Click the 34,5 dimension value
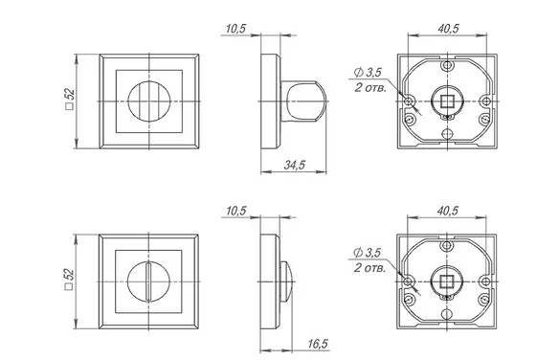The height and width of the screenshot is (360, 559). [295, 165]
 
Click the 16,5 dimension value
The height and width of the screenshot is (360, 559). [318, 344]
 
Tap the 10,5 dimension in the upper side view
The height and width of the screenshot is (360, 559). [236, 29]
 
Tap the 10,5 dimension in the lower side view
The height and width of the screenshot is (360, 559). [236, 211]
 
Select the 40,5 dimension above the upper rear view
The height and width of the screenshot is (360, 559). [448, 29]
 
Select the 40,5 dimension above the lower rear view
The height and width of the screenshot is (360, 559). [448, 211]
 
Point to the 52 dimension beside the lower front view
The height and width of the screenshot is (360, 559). [69, 279]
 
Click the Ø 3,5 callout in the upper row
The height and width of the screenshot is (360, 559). [368, 73]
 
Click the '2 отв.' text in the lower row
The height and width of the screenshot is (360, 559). [369, 268]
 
